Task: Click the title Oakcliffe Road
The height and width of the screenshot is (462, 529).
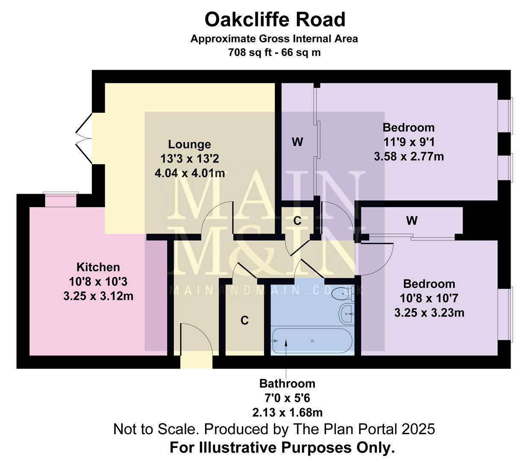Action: pyautogui.click(x=275, y=20)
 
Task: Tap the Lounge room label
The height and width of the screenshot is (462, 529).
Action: pyautogui.click(x=189, y=145)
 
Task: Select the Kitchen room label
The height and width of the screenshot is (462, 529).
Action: pyautogui.click(x=98, y=267)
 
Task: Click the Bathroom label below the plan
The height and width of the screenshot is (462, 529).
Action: pyautogui.click(x=287, y=384)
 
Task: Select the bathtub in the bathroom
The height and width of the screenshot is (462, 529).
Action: pyautogui.click(x=312, y=341)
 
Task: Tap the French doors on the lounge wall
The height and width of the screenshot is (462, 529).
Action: pyautogui.click(x=83, y=138)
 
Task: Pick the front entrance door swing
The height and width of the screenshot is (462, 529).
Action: pyautogui.click(x=196, y=340)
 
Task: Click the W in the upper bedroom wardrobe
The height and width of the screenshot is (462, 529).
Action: pyautogui.click(x=297, y=142)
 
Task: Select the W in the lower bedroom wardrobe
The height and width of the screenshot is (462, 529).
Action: pyautogui.click(x=411, y=221)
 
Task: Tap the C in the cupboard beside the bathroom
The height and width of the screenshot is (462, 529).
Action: pyautogui.click(x=244, y=320)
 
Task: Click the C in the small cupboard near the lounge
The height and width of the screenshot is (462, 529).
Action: pyautogui.click(x=297, y=221)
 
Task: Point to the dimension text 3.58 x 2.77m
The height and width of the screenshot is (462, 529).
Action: pyautogui.click(x=409, y=157)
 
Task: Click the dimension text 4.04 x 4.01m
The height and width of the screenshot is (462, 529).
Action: pyautogui.click(x=189, y=173)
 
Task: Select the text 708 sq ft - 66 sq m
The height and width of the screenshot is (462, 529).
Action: pyautogui.click(x=274, y=53)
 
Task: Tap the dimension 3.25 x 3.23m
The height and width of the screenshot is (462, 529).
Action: pyautogui.click(x=429, y=313)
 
